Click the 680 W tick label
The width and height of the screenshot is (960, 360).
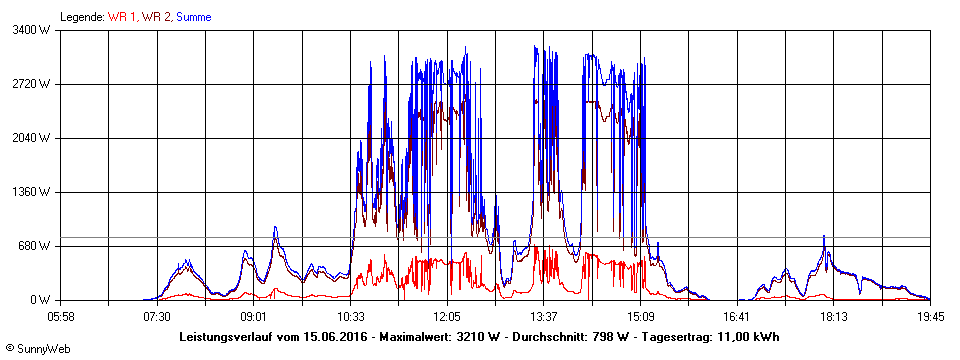(x=35, y=246)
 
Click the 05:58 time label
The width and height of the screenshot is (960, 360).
(x=61, y=316)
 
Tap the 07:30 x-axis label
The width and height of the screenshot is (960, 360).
(x=157, y=316)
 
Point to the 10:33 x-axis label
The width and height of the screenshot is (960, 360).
(x=351, y=316)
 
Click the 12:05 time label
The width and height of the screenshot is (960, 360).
(x=447, y=316)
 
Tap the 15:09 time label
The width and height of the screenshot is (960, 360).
(x=641, y=316)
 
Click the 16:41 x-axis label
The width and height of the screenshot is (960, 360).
(x=737, y=316)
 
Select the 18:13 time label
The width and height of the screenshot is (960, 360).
(x=834, y=316)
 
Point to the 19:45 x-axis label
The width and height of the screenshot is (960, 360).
(x=929, y=316)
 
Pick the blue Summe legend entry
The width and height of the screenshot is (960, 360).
(x=194, y=17)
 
